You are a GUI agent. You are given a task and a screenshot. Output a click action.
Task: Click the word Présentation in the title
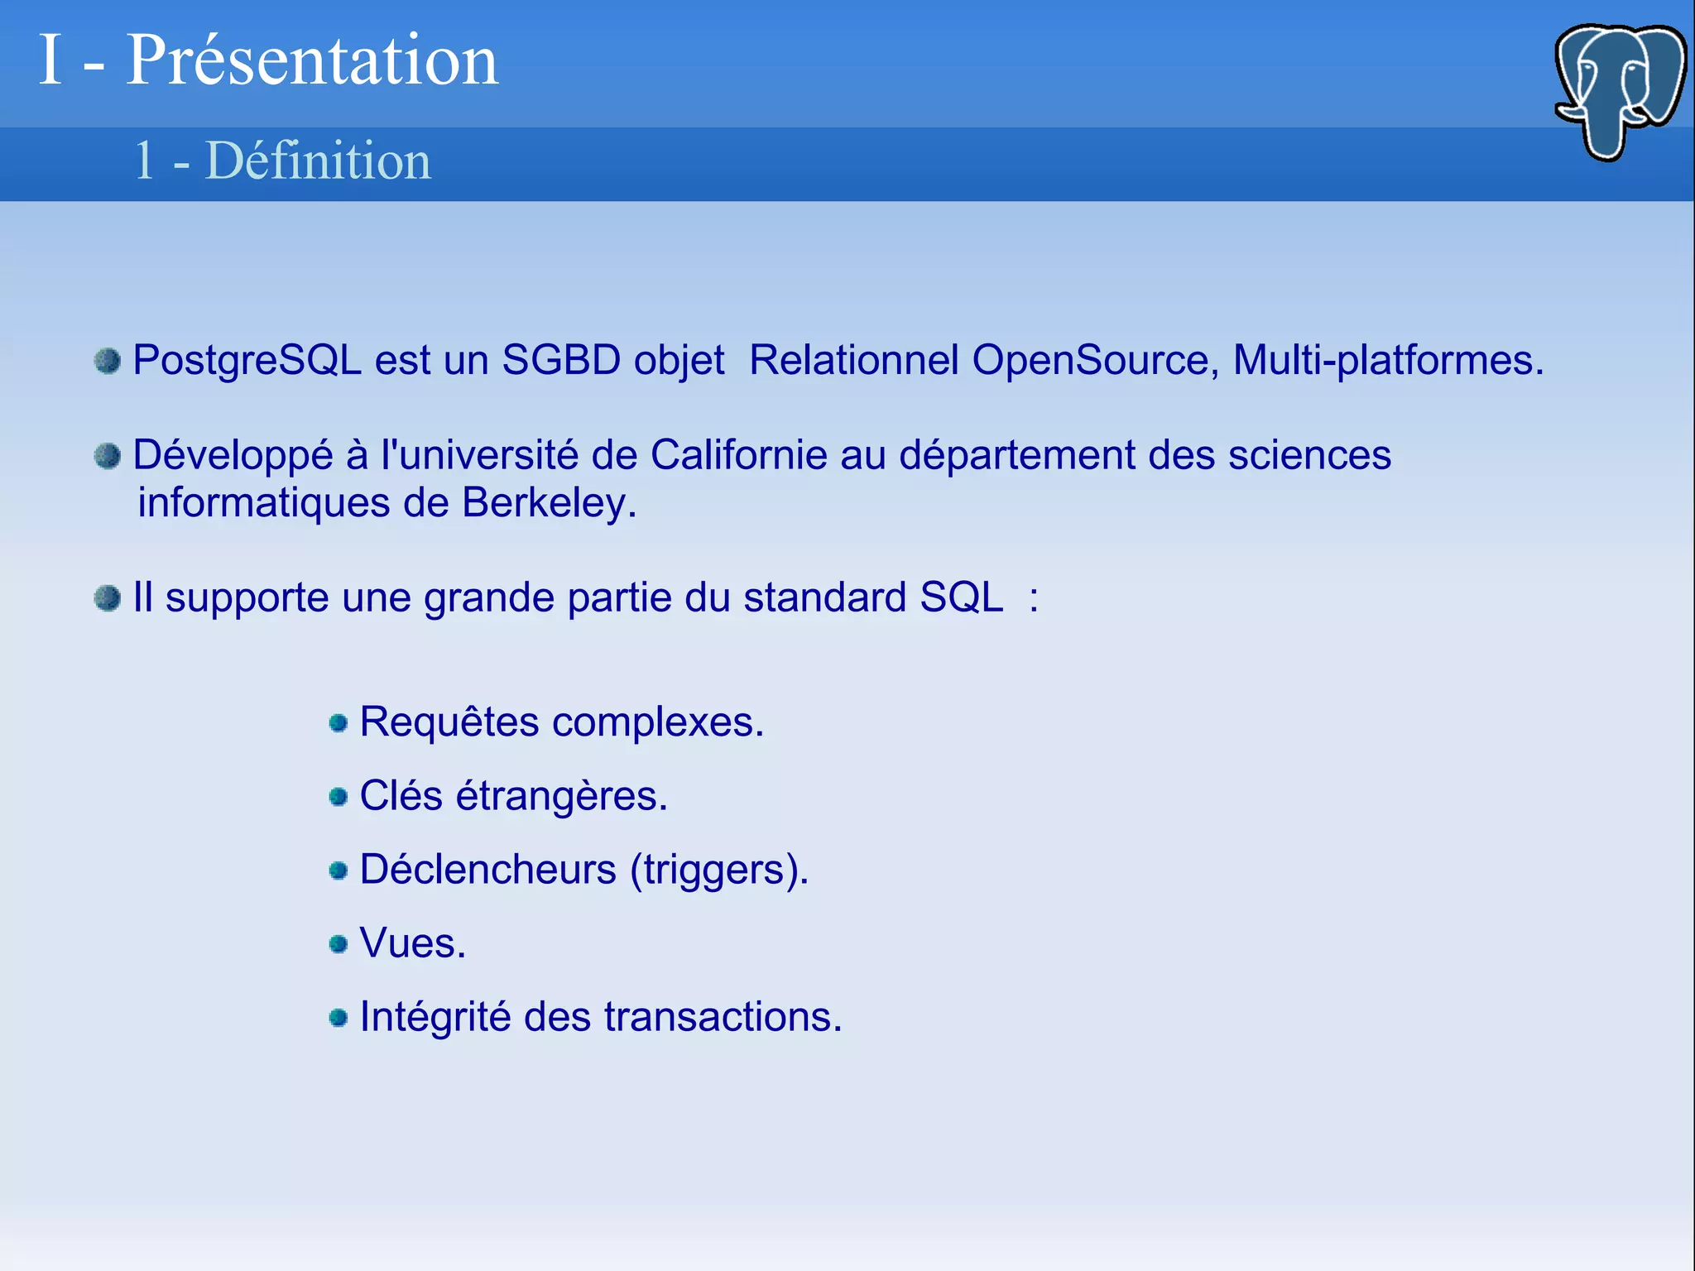point(312,60)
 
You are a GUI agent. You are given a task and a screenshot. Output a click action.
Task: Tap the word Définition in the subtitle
point(318,161)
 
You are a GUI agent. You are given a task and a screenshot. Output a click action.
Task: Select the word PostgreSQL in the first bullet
point(247,361)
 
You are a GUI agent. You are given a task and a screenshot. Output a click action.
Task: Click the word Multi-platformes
point(1387,361)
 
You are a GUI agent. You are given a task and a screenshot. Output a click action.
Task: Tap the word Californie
point(738,455)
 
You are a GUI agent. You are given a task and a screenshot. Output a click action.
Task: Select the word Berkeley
point(548,503)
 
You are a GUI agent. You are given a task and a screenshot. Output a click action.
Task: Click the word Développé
point(233,455)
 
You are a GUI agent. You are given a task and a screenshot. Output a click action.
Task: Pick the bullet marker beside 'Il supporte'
point(108,597)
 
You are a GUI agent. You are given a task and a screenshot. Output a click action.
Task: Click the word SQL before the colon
point(962,597)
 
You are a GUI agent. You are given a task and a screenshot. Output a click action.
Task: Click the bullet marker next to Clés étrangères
point(338,797)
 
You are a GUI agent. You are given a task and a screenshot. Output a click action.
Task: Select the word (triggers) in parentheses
point(718,870)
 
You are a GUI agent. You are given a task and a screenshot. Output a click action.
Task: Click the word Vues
point(412,943)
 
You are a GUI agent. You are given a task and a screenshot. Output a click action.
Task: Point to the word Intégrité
point(435,1017)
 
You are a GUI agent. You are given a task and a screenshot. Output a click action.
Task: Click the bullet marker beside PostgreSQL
point(108,361)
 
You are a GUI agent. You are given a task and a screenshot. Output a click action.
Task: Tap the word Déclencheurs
point(488,870)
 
